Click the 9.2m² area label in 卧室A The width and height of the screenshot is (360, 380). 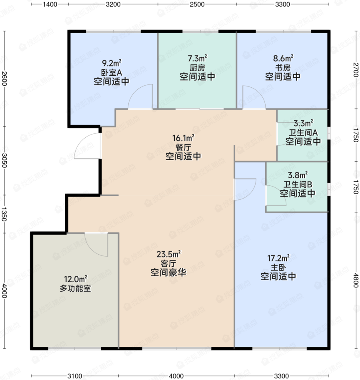tap(112, 63)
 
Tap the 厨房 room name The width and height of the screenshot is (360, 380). tap(197, 68)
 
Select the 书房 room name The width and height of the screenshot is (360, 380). tap(283, 68)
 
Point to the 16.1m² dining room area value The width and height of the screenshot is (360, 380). tap(183, 138)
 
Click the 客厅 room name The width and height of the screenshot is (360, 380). tap(168, 263)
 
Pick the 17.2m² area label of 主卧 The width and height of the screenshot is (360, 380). tap(278, 258)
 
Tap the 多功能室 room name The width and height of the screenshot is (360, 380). tap(75, 288)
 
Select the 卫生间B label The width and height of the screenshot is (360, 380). tap(298, 184)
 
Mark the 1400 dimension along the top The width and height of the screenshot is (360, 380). tap(50, 4)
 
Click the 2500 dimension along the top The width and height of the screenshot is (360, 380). tap(197, 4)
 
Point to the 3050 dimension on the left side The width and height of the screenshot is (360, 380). tap(4, 161)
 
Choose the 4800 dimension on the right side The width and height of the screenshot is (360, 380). tap(356, 280)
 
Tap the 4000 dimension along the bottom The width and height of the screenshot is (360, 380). tap(176, 376)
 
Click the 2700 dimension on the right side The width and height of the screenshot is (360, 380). tap(356, 70)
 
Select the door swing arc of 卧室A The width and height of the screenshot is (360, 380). tap(136, 92)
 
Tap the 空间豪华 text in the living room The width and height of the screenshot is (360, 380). tap(168, 273)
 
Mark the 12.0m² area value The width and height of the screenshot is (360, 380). tap(75, 279)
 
